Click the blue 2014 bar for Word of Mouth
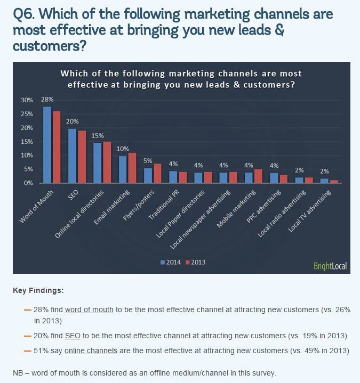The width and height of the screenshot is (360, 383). (47, 145)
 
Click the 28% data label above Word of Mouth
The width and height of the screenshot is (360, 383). (47, 100)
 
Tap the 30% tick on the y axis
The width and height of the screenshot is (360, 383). (27, 100)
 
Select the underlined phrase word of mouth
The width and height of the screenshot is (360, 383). (89, 309)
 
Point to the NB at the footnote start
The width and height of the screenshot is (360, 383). (18, 372)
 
